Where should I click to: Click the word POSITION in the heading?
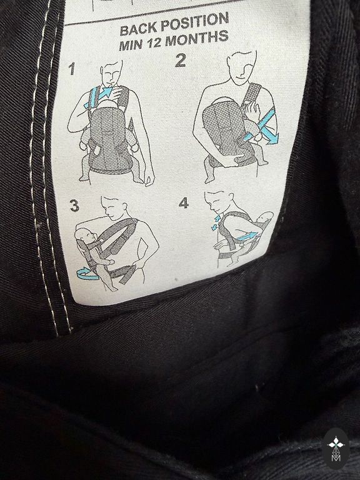[x=195, y=22]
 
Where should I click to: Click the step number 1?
[x=72, y=69]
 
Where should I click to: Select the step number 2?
[x=181, y=60]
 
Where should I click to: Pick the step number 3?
[x=75, y=206]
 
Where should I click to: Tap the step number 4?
[x=184, y=202]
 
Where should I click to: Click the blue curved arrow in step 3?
[x=87, y=273]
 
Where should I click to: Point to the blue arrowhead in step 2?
[x=271, y=139]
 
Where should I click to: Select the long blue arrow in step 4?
[x=248, y=236]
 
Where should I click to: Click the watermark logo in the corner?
[x=336, y=449]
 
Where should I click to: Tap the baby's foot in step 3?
[x=112, y=288]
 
